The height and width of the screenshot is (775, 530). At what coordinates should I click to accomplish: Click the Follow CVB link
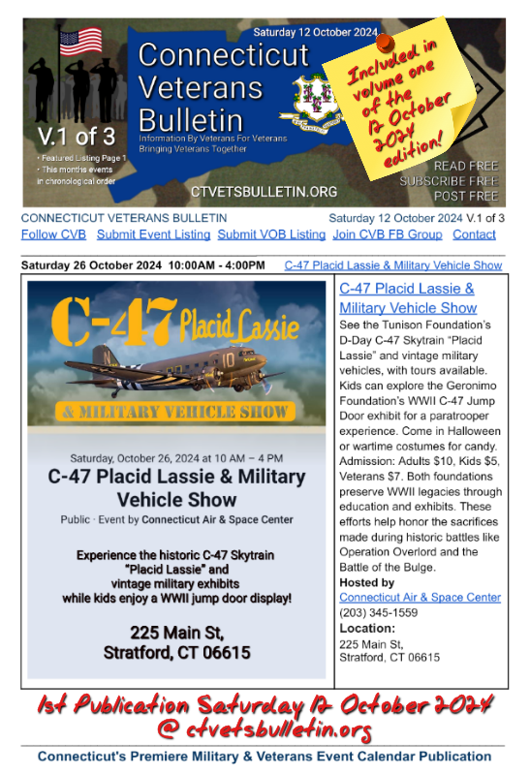[x=53, y=234]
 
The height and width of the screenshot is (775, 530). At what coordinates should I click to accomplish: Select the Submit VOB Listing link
[x=270, y=234]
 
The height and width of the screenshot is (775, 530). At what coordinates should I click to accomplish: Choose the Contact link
[x=474, y=234]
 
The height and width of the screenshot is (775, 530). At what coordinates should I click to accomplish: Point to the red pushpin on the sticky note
[x=383, y=42]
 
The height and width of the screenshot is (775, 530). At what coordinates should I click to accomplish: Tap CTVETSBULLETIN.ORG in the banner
[x=251, y=192]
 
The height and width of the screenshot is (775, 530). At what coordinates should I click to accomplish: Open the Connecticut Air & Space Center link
[x=420, y=598]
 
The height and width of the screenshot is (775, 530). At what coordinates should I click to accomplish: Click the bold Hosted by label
[x=366, y=582]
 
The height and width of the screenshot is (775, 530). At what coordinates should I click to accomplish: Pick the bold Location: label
[x=367, y=628]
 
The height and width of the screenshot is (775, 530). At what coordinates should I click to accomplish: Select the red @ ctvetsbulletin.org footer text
[x=264, y=728]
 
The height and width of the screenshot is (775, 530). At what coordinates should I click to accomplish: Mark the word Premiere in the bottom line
[x=180, y=756]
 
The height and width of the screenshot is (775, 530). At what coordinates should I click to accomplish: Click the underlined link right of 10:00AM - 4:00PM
[x=393, y=264]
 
